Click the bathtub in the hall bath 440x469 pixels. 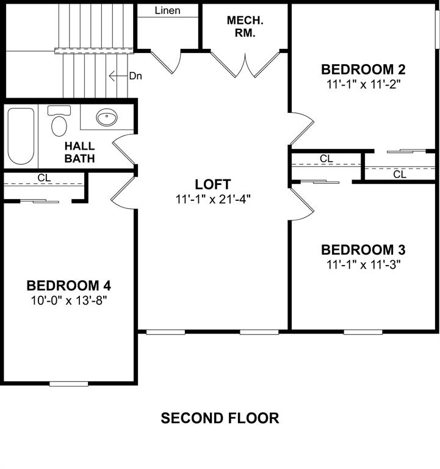[21, 136]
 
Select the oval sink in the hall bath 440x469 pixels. [107, 117]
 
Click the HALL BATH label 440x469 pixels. [80, 153]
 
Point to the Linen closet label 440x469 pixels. [167, 10]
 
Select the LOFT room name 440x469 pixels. [213, 184]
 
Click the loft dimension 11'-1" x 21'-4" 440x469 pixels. [213, 198]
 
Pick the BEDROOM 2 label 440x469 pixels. [363, 69]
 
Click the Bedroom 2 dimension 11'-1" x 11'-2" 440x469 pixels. [363, 84]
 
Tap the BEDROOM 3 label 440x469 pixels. [363, 250]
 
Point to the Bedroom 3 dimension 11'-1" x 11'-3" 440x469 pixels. [363, 264]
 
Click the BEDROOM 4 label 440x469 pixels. [68, 285]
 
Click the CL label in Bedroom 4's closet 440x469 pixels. [43, 178]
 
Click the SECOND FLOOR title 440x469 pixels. [220, 418]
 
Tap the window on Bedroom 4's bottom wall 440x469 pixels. [68, 384]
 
